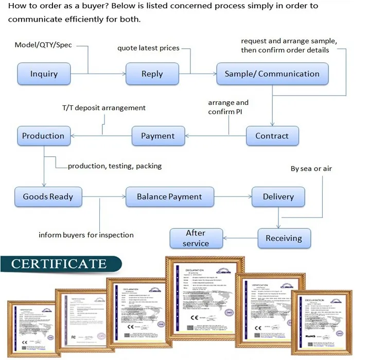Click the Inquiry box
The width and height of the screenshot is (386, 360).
point(44,74)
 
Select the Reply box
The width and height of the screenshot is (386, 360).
point(152,74)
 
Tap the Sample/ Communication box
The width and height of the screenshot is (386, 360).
point(272,74)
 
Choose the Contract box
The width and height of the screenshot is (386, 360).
point(272,136)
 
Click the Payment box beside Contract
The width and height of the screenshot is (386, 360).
point(157,136)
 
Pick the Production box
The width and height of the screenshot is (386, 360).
point(43,136)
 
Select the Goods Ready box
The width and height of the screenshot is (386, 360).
point(48,196)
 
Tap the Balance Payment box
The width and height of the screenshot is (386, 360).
point(169,196)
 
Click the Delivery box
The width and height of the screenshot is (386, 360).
point(278,196)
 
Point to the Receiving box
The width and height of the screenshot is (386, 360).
point(284,238)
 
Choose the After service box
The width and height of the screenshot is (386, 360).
point(196,238)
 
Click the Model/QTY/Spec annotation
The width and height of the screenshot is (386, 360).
point(43,45)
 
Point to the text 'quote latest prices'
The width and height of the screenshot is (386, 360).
point(148,48)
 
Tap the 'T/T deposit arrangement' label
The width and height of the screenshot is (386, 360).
point(103,107)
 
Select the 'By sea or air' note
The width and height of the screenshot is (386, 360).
point(311,168)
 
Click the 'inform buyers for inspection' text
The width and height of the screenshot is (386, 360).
point(86,235)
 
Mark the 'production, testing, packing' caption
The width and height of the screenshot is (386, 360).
point(115,166)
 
